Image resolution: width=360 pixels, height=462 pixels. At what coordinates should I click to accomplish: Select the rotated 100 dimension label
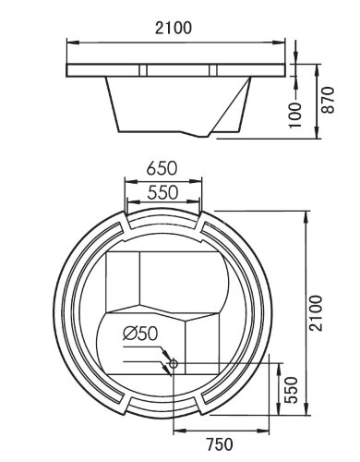(295, 113)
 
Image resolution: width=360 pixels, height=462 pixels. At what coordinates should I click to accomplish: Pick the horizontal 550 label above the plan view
(162, 195)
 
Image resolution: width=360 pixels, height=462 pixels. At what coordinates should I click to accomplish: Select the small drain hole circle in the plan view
(172, 364)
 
